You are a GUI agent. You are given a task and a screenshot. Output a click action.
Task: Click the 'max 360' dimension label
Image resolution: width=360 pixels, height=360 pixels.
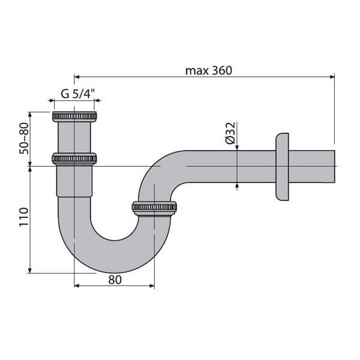coord(208,70)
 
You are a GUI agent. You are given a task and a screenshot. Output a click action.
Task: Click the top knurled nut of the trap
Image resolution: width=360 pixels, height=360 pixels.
coord(74,116)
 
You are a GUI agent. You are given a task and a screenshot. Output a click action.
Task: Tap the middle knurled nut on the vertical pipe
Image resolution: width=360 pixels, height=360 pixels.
coord(74,159)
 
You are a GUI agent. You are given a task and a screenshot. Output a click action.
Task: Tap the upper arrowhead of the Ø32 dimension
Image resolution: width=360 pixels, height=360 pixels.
coord(238,148)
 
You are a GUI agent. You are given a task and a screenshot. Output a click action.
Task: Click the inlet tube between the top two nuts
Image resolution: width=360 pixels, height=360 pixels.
coord(74,137)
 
